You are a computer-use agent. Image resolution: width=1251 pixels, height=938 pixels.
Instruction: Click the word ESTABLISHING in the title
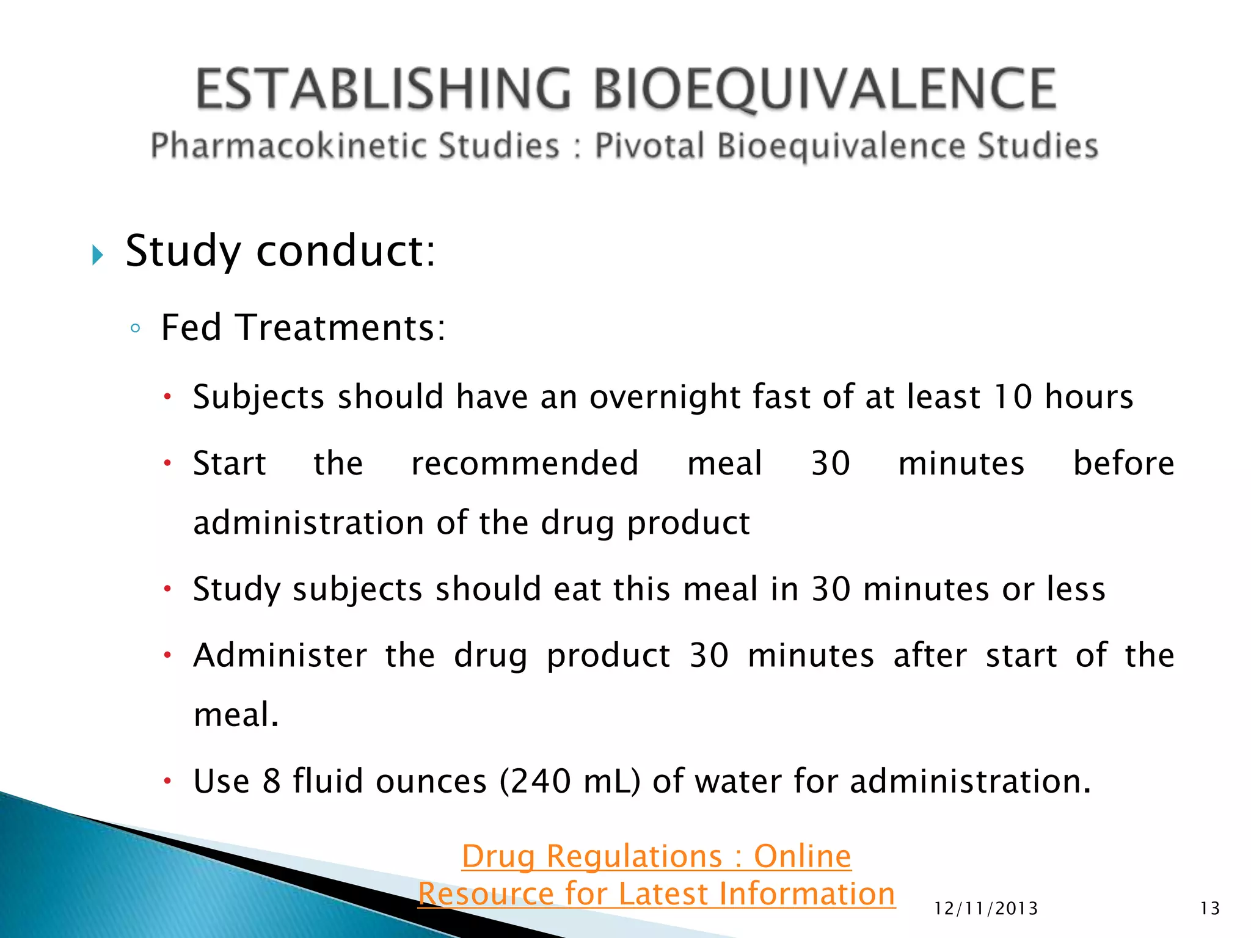pyautogui.click(x=384, y=90)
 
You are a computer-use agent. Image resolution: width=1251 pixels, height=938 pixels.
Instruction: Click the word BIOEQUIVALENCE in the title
pyautogui.click(x=825, y=90)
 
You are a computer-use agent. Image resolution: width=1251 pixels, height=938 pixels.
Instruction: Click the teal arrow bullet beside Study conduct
pyautogui.click(x=97, y=255)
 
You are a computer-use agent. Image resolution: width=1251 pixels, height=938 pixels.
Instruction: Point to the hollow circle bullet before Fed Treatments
pyautogui.click(x=136, y=329)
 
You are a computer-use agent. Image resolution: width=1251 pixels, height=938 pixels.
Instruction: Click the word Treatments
pyautogui.click(x=340, y=328)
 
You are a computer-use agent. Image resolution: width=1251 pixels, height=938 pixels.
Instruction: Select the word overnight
pyautogui.click(x=663, y=397)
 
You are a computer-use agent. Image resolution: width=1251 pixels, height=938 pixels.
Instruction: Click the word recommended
pyautogui.click(x=525, y=463)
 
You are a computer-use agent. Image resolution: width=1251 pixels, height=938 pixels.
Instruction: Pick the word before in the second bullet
pyautogui.click(x=1123, y=463)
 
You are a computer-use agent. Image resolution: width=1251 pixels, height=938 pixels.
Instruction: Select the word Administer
pyautogui.click(x=280, y=656)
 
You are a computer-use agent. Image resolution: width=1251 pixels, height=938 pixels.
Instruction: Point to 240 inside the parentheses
pyautogui.click(x=540, y=782)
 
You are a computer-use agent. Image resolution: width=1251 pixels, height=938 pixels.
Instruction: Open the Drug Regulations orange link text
pyautogui.click(x=656, y=856)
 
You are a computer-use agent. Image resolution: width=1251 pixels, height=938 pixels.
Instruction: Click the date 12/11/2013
pyautogui.click(x=985, y=909)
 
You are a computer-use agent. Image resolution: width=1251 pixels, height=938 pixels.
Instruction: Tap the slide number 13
pyautogui.click(x=1209, y=909)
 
